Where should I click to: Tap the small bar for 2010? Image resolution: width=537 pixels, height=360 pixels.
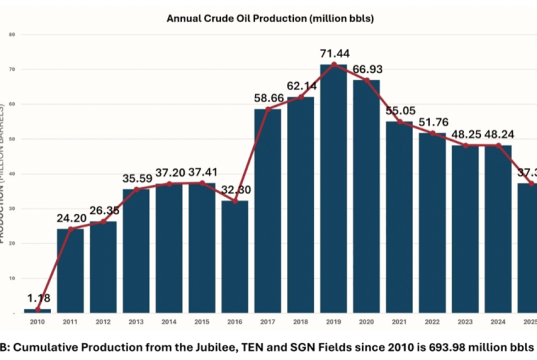click(x=38, y=311)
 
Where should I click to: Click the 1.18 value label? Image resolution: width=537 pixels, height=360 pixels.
click(x=38, y=296)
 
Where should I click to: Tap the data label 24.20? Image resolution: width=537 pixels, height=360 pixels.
click(x=71, y=216)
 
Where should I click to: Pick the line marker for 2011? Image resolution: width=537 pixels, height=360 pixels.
click(x=71, y=230)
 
